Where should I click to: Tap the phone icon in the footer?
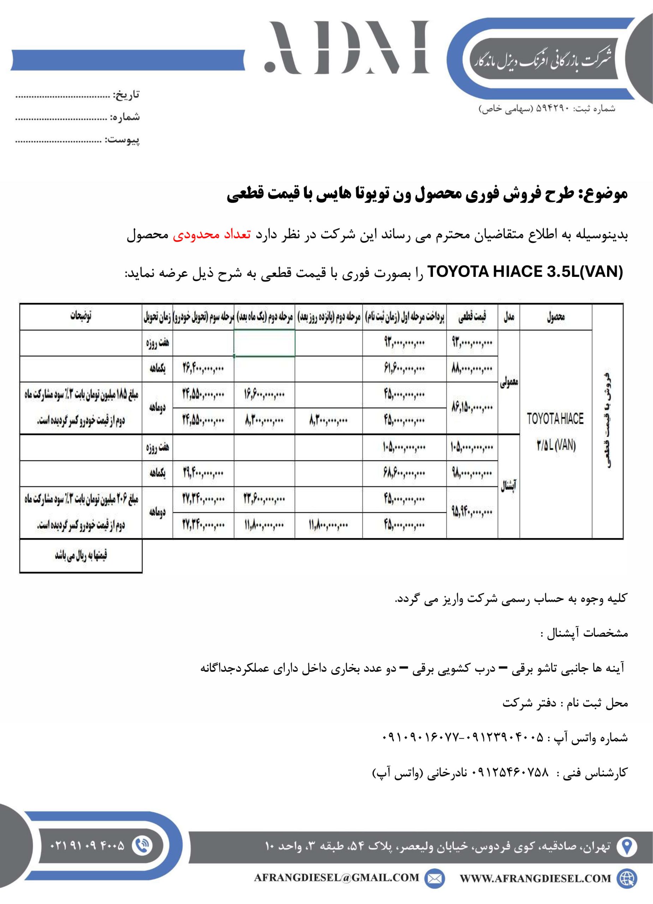[142, 845]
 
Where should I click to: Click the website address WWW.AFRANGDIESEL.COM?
[535, 879]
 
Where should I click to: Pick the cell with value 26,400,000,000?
[203, 369]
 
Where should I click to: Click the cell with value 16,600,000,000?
[264, 394]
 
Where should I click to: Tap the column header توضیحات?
[81, 316]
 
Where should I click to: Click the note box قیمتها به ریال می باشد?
[81, 555]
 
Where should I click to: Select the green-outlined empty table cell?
[264, 343]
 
